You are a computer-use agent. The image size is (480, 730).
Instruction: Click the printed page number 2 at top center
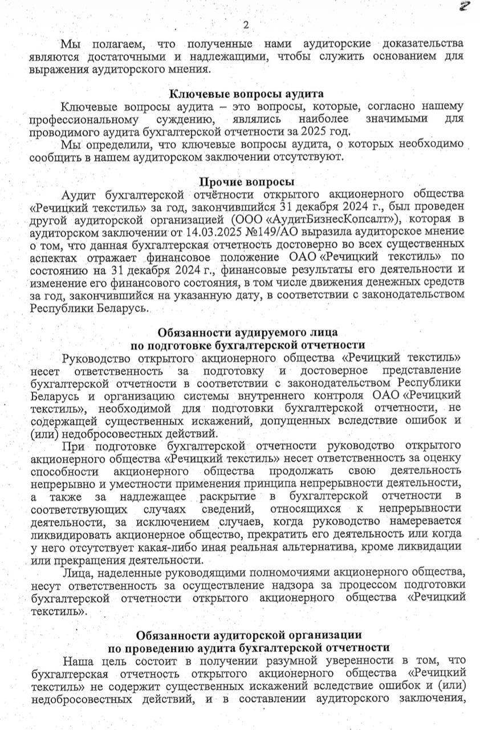pos(246,25)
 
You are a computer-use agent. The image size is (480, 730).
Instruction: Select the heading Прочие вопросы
pos(246,182)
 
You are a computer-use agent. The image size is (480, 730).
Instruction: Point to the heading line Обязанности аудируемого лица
pos(247,332)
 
